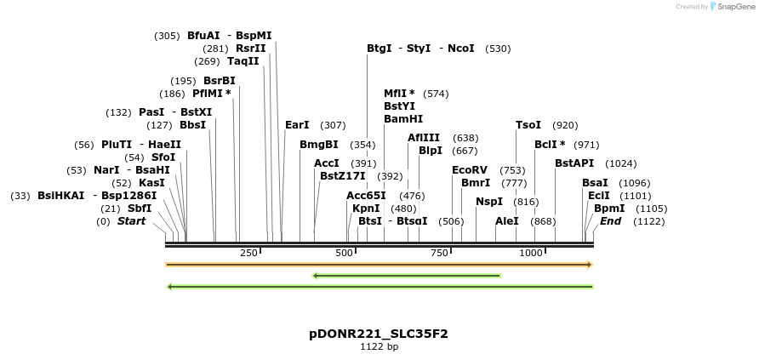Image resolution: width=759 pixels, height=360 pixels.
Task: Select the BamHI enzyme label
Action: click(x=403, y=119)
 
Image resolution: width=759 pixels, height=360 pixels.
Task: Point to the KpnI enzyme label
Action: click(x=366, y=209)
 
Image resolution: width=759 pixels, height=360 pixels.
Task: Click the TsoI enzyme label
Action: click(x=528, y=125)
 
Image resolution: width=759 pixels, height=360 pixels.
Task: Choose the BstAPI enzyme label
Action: click(x=574, y=163)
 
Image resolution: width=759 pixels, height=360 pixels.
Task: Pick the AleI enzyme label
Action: click(x=507, y=221)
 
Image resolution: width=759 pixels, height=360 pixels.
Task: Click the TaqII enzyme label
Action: click(x=243, y=61)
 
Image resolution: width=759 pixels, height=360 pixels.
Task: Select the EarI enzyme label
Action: click(x=297, y=125)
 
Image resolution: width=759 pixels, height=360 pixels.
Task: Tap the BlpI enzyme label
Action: click(x=431, y=151)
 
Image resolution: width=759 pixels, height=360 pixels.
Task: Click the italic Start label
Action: click(x=131, y=221)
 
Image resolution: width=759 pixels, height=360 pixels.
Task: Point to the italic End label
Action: click(x=610, y=221)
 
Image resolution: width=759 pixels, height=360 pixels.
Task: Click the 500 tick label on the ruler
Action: click(x=345, y=254)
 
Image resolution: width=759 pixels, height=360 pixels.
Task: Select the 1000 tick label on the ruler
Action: click(x=532, y=254)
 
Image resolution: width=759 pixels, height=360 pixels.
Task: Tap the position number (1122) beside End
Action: click(x=649, y=221)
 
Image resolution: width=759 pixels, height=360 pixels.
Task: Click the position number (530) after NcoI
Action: click(x=498, y=49)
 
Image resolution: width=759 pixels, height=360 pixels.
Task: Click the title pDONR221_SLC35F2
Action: click(x=379, y=334)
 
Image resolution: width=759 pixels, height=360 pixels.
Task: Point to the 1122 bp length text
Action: click(x=379, y=347)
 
